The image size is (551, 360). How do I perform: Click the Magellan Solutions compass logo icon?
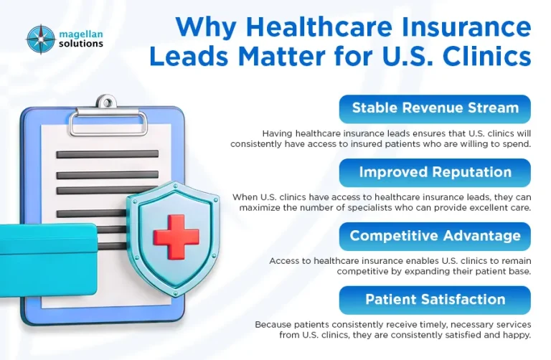(x=41, y=39)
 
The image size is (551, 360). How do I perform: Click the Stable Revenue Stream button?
(x=435, y=108)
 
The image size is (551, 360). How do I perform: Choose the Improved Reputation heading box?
(x=435, y=172)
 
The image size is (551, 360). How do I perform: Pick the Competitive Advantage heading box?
(x=435, y=236)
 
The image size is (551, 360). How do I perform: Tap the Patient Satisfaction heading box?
(x=435, y=299)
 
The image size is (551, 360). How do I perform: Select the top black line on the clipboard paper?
(x=108, y=153)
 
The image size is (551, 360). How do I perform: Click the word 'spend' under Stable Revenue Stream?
(x=514, y=143)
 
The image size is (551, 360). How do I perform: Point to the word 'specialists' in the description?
(x=370, y=207)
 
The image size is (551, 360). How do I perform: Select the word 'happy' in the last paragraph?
(x=514, y=334)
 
